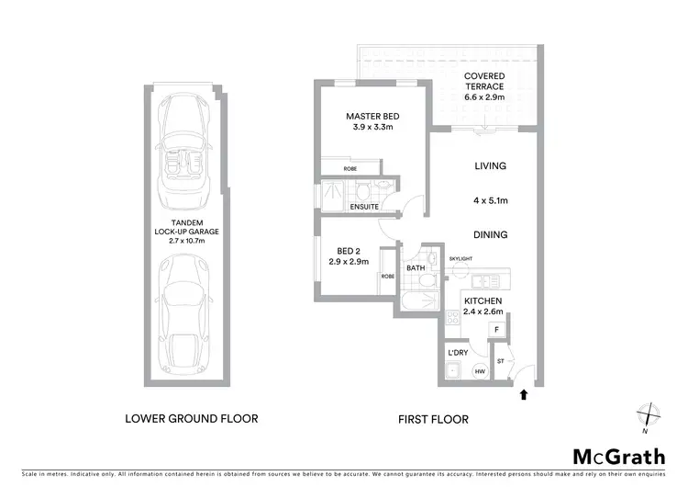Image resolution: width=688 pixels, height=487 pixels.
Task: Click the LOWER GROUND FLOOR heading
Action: coord(191,419)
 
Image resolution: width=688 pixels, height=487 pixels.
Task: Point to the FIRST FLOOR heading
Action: coord(433,419)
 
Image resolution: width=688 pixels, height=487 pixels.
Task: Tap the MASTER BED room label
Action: coord(372,117)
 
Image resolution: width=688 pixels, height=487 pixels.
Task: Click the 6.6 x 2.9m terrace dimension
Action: coord(483,96)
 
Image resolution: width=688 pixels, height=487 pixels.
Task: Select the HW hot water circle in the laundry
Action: coord(479,372)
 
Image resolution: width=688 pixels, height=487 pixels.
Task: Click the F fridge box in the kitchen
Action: coord(496,328)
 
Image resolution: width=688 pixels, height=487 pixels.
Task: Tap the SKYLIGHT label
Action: coord(461,259)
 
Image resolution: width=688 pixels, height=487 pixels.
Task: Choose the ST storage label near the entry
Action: coord(501,362)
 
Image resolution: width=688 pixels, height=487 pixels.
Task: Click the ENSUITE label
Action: coord(364,208)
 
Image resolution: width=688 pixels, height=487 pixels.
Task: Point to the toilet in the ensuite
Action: coord(365,190)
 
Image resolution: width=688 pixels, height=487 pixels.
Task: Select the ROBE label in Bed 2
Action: coord(388,276)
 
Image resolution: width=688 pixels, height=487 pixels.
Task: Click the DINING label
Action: coord(491,235)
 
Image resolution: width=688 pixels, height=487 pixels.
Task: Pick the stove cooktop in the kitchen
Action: coord(451,320)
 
